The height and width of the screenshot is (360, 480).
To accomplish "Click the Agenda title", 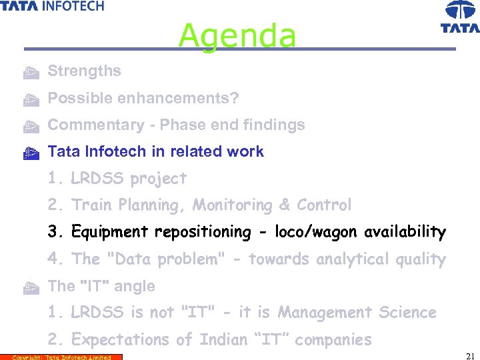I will click(x=237, y=35).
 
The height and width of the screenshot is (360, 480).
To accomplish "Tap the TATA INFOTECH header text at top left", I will click(x=52, y=6).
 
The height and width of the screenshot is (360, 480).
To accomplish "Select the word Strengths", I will click(x=84, y=71).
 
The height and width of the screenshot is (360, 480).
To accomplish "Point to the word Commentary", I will click(x=87, y=125).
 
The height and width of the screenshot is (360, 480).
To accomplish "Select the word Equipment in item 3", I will click(x=110, y=232).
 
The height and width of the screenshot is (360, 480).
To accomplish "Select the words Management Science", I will click(x=357, y=313).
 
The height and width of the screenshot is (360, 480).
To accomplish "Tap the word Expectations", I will click(x=121, y=340).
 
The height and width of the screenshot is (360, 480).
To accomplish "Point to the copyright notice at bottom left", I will click(x=61, y=357).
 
